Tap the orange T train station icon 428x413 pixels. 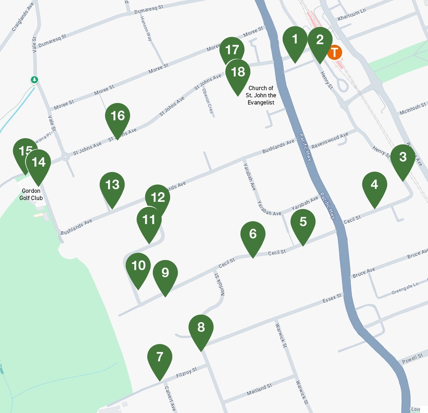pos(334,52)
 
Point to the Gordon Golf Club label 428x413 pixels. pos(31,194)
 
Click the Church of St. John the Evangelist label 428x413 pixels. pos(261,95)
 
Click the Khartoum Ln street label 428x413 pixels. pos(351,15)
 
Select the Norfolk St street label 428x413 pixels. pos(219,285)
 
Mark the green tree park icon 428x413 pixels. pos(35,80)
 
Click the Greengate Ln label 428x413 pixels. pos(405,288)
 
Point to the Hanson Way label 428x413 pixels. pos(146,28)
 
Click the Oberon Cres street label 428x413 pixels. pos(208,101)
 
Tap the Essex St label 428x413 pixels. pos(332,298)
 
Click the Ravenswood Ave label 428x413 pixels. pos(330,140)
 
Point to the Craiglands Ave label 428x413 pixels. pos(23,17)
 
